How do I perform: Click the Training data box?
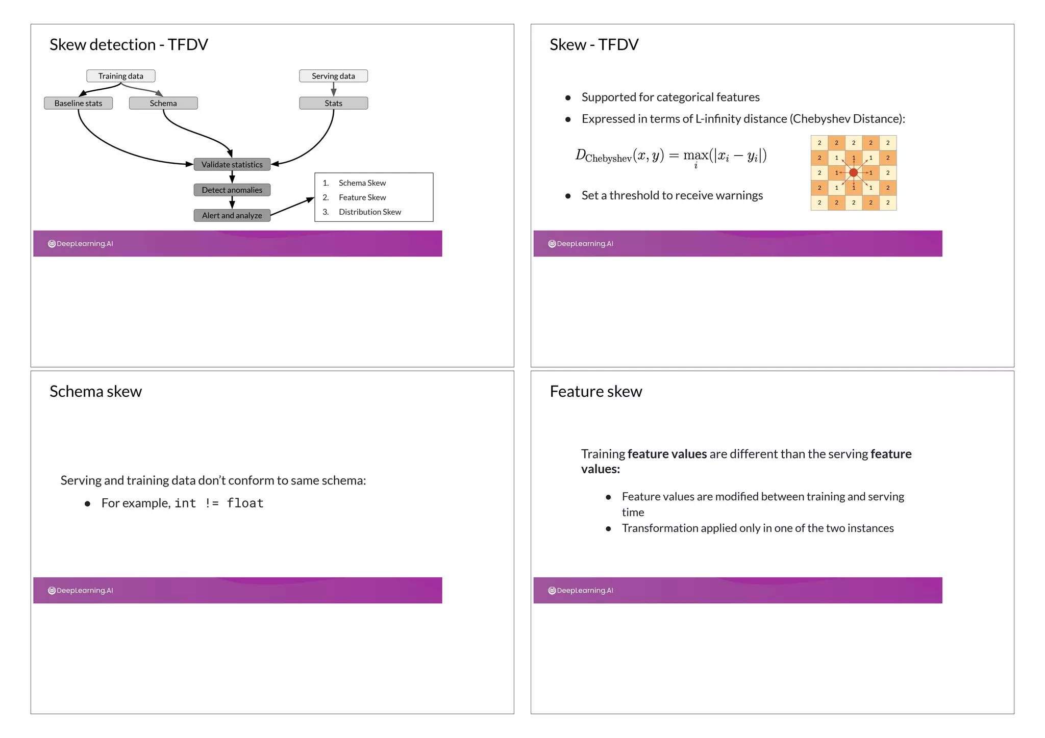(120, 76)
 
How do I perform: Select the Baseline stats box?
(78, 103)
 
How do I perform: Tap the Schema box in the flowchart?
(163, 103)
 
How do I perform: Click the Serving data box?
(333, 76)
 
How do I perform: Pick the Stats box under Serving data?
(333, 103)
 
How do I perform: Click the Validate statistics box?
(232, 164)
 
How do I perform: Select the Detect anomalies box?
(232, 190)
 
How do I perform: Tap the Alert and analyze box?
(232, 215)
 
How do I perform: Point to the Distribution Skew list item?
(369, 212)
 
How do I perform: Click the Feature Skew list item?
(362, 197)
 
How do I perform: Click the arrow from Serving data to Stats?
(333, 89)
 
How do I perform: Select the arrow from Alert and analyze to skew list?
(292, 207)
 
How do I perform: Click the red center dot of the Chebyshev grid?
(853, 173)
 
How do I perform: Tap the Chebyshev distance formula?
(671, 156)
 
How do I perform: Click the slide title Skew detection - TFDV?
(129, 45)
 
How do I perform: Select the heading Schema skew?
(95, 391)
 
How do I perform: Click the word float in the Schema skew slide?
(245, 503)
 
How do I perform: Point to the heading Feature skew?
(595, 391)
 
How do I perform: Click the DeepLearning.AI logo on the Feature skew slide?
(581, 591)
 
